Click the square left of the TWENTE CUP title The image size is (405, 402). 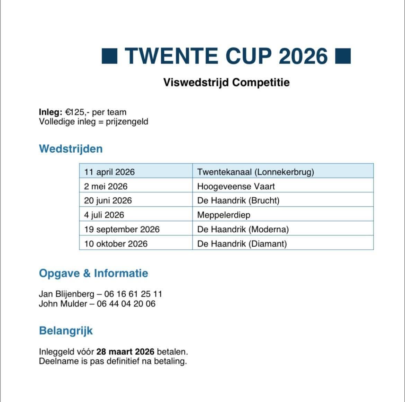pyautogui.click(x=110, y=56)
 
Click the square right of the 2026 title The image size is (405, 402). pyautogui.click(x=343, y=56)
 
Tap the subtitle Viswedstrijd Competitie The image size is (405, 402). pyautogui.click(x=226, y=82)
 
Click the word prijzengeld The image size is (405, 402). pyautogui.click(x=127, y=122)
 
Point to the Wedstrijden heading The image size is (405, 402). pyautogui.click(x=71, y=149)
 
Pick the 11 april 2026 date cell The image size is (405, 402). pyautogui.click(x=109, y=172)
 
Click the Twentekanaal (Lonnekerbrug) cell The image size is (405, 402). pyautogui.click(x=255, y=172)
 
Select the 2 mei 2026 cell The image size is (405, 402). pyautogui.click(x=106, y=186)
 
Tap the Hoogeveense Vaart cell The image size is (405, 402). pyautogui.click(x=236, y=186)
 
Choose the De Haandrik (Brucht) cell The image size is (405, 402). pyautogui.click(x=238, y=200)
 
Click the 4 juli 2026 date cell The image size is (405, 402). pyautogui.click(x=104, y=215)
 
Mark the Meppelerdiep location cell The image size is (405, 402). pyautogui.click(x=224, y=215)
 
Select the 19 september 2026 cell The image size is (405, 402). pyautogui.click(x=122, y=229)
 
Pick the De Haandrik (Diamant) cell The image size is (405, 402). pyautogui.click(x=242, y=244)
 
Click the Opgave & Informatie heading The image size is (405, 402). pyautogui.click(x=93, y=273)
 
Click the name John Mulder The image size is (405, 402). pyautogui.click(x=63, y=304)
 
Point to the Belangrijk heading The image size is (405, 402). pyautogui.click(x=66, y=331)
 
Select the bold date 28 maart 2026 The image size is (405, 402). pyautogui.click(x=125, y=352)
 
